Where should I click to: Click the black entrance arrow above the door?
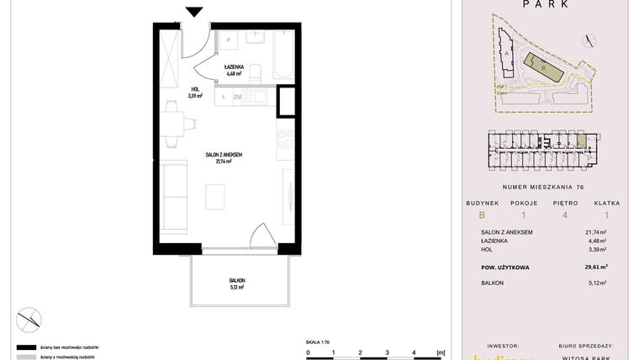pyautogui.click(x=194, y=11)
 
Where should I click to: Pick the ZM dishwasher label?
pyautogui.click(x=238, y=98)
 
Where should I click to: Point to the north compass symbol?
pyautogui.click(x=28, y=318)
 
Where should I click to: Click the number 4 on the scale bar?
pyautogui.click(x=413, y=353)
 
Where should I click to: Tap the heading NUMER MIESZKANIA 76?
pyautogui.click(x=542, y=187)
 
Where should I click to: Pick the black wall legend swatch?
pyautogui.click(x=26, y=347)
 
